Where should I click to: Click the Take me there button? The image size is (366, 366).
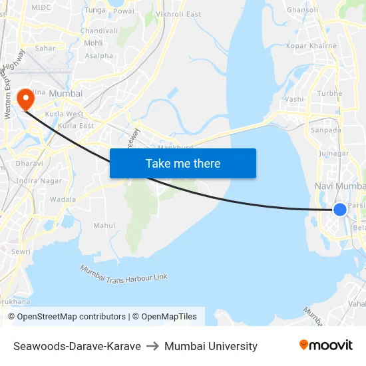183,163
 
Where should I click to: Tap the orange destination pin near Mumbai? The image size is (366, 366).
26,100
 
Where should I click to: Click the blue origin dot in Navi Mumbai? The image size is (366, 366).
339,210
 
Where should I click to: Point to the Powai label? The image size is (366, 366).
124,11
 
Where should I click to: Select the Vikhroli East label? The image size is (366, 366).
178,14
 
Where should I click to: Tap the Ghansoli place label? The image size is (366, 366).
303,10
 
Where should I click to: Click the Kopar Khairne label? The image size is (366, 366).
311,46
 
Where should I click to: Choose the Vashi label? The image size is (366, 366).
293,98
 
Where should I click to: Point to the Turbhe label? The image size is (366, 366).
330,93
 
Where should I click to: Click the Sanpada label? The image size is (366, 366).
326,130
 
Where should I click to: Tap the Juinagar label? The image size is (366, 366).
334,153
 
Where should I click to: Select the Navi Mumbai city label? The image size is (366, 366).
340,186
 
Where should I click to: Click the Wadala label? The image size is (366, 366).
63,199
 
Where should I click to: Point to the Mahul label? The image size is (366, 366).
104,226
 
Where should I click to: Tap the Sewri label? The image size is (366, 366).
21,252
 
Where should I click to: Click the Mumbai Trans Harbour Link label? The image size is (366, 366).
124,272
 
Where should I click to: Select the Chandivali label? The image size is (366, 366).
99,31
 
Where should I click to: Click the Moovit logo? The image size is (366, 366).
326,345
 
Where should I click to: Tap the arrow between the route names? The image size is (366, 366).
152,346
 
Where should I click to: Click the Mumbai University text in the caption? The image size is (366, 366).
211,346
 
